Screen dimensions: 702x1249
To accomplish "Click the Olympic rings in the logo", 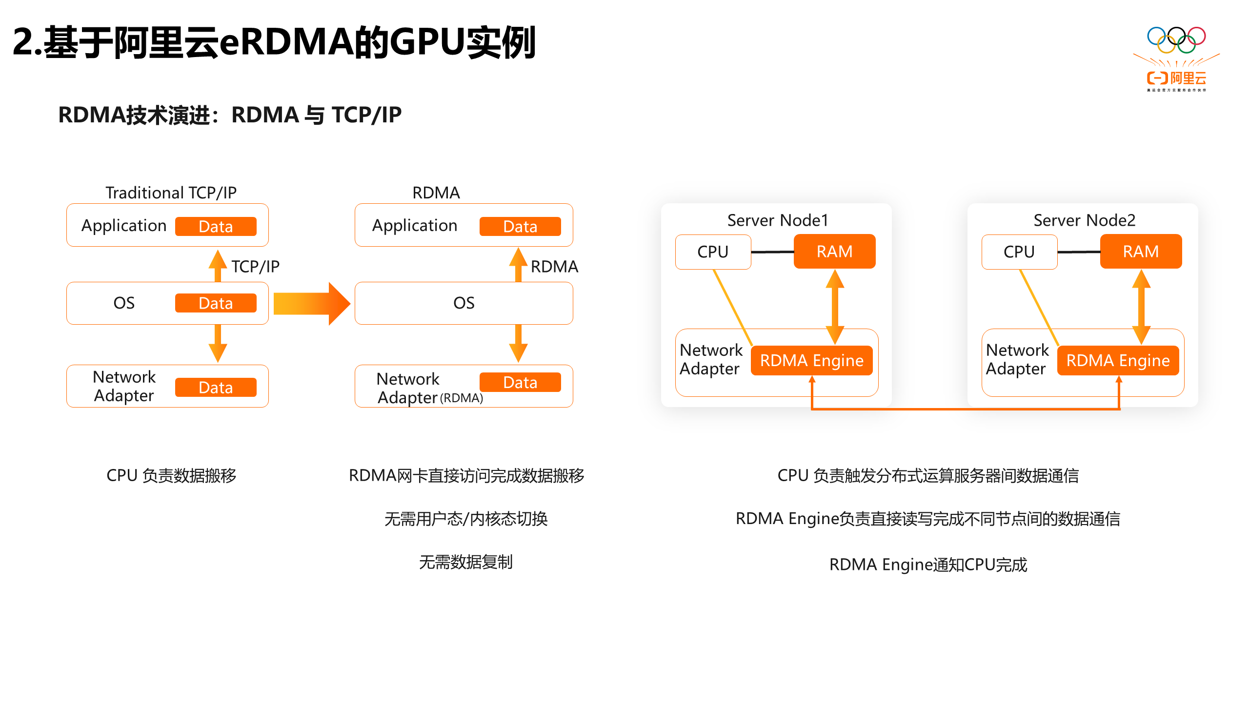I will pos(1176,39).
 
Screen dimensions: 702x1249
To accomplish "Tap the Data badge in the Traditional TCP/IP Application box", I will pos(216,227).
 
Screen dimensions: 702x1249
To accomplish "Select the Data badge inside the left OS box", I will pos(216,303).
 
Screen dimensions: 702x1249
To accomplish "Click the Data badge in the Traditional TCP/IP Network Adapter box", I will pos(216,388).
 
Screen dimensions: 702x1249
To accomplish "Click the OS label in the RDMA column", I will pos(463,303).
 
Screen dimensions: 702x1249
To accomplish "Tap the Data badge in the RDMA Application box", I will pos(520,227).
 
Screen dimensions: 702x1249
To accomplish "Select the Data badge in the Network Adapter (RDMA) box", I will pos(520,383).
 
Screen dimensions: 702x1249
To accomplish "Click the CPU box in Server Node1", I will pos(713,252).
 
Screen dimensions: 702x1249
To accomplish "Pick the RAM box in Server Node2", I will pos(1141,252).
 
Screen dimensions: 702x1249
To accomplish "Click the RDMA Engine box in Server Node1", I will pos(812,361).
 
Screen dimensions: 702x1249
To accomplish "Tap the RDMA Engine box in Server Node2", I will pos(1118,361).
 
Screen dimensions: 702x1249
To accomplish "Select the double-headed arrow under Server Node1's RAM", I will pos(835,307).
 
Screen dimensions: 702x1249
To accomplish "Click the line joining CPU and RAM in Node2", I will pos(1079,252).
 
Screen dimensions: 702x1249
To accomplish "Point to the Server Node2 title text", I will pos(1084,220).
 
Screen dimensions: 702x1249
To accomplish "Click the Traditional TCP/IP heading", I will pos(171,193).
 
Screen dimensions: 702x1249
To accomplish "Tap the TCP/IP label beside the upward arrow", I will pos(255,267).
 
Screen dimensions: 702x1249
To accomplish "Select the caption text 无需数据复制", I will pos(466,562).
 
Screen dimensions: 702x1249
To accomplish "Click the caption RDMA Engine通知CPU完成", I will pos(928,565).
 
